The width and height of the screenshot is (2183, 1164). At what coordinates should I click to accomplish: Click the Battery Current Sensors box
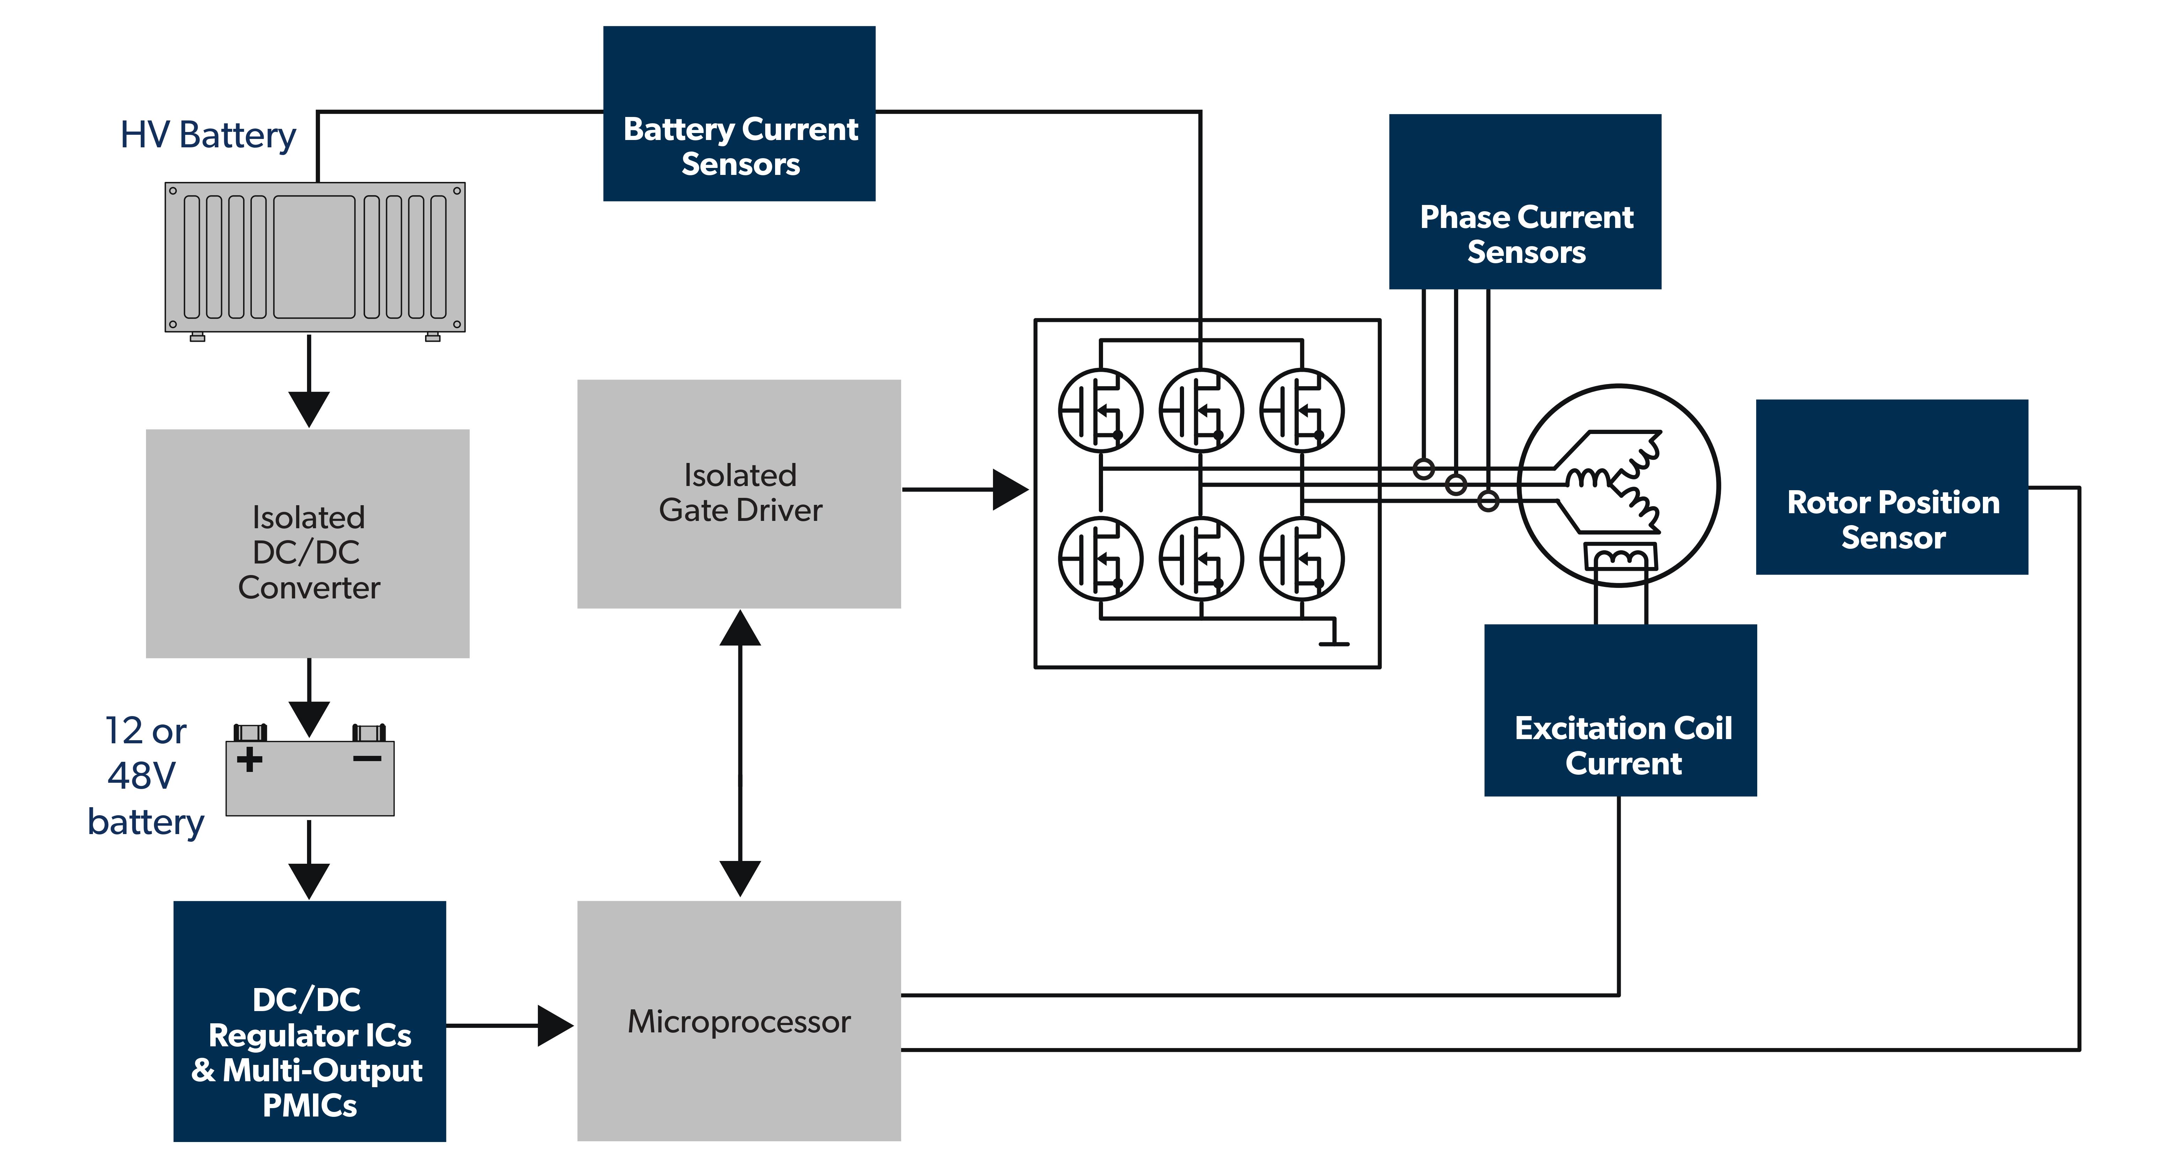pyautogui.click(x=739, y=113)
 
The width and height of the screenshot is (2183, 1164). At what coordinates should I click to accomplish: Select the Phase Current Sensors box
pyautogui.click(x=1525, y=202)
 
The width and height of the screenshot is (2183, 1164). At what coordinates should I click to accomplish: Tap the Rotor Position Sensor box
pyautogui.click(x=1891, y=487)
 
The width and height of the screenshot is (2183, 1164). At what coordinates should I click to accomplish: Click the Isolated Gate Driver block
pyautogui.click(x=739, y=493)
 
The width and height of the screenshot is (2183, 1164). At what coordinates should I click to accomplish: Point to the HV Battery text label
pyautogui.click(x=207, y=135)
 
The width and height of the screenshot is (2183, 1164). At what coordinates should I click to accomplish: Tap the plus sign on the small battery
pyautogui.click(x=249, y=759)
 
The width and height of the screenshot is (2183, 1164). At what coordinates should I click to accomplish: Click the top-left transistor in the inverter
pyautogui.click(x=1100, y=411)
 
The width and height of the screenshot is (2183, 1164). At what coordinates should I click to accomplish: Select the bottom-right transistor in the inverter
pyautogui.click(x=1302, y=559)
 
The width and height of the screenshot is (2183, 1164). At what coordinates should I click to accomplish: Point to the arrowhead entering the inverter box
pyautogui.click(x=1010, y=490)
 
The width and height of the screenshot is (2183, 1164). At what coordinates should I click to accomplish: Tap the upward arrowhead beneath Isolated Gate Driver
pyautogui.click(x=740, y=628)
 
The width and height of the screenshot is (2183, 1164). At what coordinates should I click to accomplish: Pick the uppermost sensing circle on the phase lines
pyautogui.click(x=1424, y=469)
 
